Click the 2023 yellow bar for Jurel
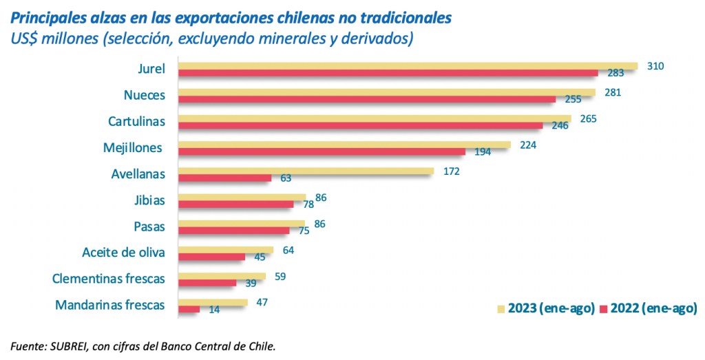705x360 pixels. coord(408,66)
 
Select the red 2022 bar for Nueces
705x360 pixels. coord(367,99)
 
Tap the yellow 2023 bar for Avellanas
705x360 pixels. coord(306,171)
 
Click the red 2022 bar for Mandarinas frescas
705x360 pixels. coord(189,309)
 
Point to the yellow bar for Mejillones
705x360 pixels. coord(344,145)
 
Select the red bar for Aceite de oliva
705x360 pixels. coord(211,257)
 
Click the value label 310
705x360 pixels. coord(655,66)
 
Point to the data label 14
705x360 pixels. coord(214,310)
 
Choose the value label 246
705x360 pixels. coord(560,126)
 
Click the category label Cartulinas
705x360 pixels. coord(136,121)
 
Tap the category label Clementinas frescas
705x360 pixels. coord(109,278)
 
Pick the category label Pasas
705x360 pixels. coord(148,226)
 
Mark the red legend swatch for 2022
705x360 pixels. coord(604,308)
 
